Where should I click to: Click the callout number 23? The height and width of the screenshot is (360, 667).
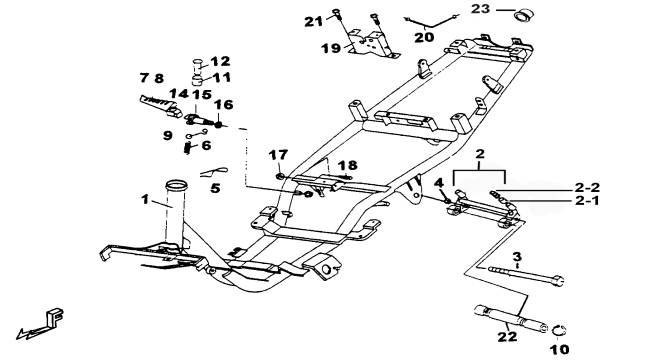coord(481,9)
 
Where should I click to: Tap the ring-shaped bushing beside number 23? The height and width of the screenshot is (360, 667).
coord(524,15)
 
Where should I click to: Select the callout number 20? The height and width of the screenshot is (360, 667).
coord(424,37)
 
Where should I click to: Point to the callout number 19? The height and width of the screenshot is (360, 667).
coord(331,48)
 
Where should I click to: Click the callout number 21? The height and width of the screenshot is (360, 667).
coord(314,21)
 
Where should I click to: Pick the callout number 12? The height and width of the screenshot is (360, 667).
coord(220,61)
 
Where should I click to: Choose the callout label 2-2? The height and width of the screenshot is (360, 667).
coord(587,187)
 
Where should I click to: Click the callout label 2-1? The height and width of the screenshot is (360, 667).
coord(587,200)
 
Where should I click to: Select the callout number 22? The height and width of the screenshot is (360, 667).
coord(507,337)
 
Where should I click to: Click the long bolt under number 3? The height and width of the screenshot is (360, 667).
coord(526,275)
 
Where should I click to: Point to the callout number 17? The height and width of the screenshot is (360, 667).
coord(278,155)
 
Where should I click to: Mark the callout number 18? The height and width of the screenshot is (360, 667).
coord(348,166)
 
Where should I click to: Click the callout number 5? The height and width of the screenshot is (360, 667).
coord(215,188)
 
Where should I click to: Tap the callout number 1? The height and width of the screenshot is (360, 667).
coord(145,199)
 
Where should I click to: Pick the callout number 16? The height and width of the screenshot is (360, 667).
coord(223,105)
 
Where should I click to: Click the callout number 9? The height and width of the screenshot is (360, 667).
coord(168,135)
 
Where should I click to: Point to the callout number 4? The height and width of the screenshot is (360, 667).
coord(439,183)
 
